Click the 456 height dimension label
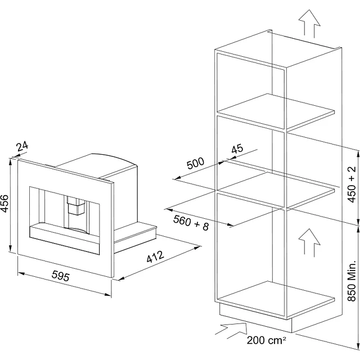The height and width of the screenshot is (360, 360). click(x=5, y=204)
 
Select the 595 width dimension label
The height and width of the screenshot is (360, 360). click(x=61, y=276)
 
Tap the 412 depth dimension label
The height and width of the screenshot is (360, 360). click(x=156, y=257)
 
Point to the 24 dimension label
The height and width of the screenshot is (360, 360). click(x=22, y=146)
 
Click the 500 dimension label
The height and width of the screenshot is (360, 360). click(x=195, y=163)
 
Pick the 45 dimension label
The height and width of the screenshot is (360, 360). click(x=237, y=148)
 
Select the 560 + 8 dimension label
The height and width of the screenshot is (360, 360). click(x=191, y=223)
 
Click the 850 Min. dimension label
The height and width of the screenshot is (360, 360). click(x=352, y=281)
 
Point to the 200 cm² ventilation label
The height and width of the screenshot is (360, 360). click(x=266, y=340)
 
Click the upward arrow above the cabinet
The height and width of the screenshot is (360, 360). click(x=309, y=24)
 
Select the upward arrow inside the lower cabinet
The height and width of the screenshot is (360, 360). click(x=309, y=243)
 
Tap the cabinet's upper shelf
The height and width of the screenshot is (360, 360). click(x=276, y=111)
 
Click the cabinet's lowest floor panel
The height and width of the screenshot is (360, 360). click(x=276, y=299)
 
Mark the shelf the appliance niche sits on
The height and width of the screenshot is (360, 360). click(x=276, y=190)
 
